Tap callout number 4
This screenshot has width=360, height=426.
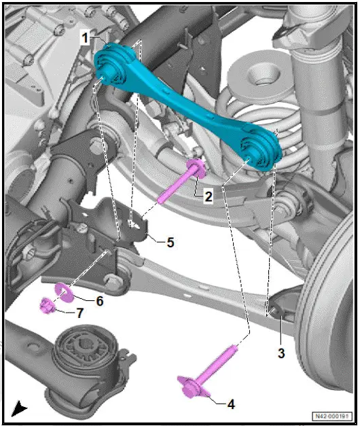(x=230, y=404)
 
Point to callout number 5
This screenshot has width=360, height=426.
(x=170, y=241)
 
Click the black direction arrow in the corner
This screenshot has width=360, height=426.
(x=19, y=409)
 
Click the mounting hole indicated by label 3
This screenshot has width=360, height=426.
(x=276, y=311)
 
